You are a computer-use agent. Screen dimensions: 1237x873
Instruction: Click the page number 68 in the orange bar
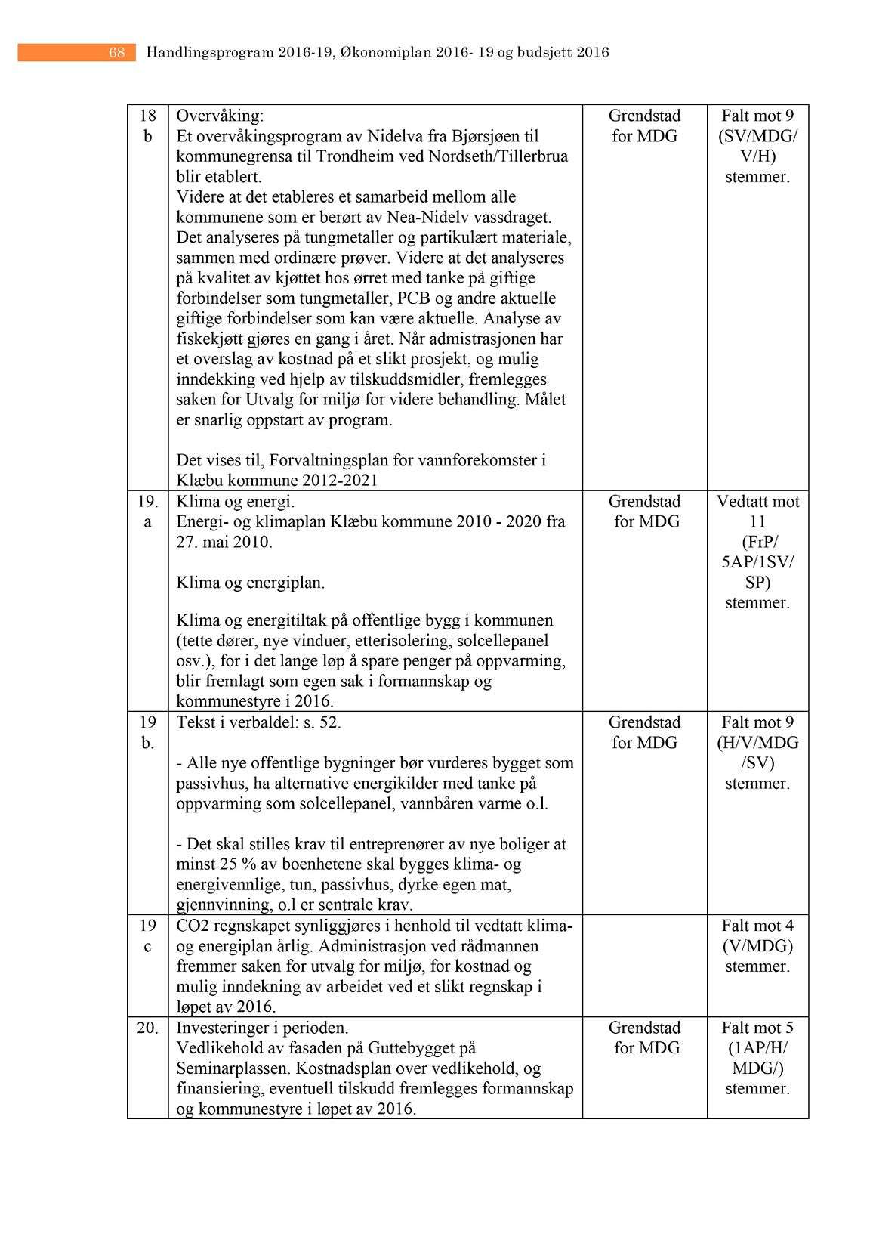[116, 52]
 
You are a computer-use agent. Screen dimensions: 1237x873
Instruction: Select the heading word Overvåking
[220, 116]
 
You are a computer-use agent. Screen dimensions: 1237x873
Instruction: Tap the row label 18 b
[147, 125]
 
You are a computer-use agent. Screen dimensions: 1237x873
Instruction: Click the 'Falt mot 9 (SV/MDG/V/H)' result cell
[757, 146]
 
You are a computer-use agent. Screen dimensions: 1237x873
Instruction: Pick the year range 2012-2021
[339, 481]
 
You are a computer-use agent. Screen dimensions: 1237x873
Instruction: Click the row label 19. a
[147, 512]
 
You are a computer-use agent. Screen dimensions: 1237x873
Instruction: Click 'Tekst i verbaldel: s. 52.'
[258, 722]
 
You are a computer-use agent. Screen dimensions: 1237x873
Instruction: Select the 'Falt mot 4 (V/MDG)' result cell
[757, 946]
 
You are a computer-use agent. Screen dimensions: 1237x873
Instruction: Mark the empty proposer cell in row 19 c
[644, 966]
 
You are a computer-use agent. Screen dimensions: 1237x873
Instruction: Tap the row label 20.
[147, 1028]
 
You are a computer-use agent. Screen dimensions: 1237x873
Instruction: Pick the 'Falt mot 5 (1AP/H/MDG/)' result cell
[757, 1058]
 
